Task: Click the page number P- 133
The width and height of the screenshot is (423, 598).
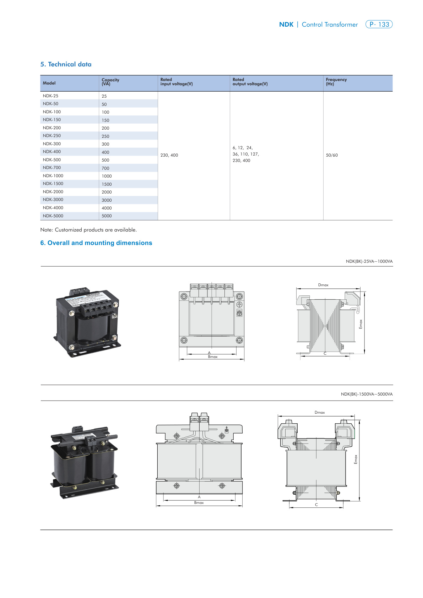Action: point(379,25)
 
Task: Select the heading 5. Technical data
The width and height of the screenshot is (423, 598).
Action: point(66,64)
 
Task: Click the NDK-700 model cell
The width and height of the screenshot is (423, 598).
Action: point(52,168)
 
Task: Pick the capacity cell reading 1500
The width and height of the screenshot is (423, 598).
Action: point(107,184)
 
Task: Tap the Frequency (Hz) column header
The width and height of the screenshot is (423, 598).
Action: point(336,82)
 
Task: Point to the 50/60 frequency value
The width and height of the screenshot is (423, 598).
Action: point(332,155)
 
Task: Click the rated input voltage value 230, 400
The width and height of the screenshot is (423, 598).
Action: point(169,155)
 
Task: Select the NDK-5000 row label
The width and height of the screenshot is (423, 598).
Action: point(53,216)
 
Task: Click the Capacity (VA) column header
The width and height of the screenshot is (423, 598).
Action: point(110,82)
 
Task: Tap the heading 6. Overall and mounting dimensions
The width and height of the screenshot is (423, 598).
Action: point(96,243)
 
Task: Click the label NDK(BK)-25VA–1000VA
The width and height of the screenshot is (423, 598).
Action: point(369,261)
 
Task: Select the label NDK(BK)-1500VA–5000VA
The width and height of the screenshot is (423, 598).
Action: point(367,394)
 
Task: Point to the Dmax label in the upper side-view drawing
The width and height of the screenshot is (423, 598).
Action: point(323,285)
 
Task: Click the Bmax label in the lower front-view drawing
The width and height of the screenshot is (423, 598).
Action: point(199,502)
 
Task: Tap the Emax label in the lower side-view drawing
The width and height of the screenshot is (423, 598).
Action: point(356,459)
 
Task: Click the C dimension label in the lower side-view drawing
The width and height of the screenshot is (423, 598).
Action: point(316,505)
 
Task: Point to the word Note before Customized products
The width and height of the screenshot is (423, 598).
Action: point(47,230)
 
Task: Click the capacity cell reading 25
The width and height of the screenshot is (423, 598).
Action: point(104,96)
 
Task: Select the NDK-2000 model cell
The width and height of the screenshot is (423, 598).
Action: point(53,192)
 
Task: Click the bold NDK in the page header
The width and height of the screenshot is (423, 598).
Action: point(286,25)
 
